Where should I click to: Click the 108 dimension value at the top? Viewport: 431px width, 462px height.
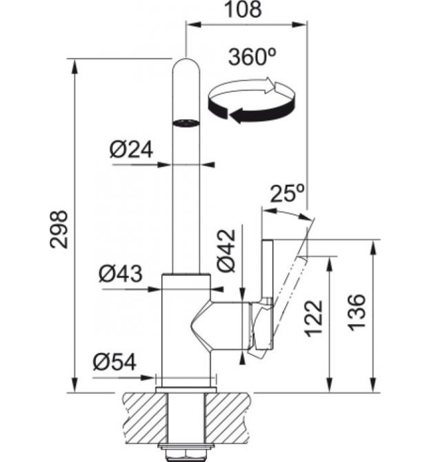pyautogui.click(x=243, y=9)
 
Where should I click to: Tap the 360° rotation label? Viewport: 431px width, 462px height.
pyautogui.click(x=252, y=57)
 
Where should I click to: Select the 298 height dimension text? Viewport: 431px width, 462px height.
pyautogui.click(x=59, y=229)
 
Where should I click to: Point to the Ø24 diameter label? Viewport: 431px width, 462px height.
pyautogui.click(x=132, y=150)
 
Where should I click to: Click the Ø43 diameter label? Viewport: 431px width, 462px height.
pyautogui.click(x=121, y=274)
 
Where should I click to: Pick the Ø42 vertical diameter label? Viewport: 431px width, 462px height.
pyautogui.click(x=227, y=250)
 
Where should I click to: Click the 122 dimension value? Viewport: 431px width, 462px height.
pyautogui.click(x=313, y=319)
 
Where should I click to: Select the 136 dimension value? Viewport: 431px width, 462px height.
pyautogui.click(x=357, y=312)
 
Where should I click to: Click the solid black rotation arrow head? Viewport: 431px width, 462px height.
pyautogui.click(x=236, y=115)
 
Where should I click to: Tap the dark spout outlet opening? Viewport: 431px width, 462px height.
pyautogui.click(x=186, y=123)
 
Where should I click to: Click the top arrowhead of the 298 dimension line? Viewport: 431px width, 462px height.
pyautogui.click(x=75, y=67)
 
